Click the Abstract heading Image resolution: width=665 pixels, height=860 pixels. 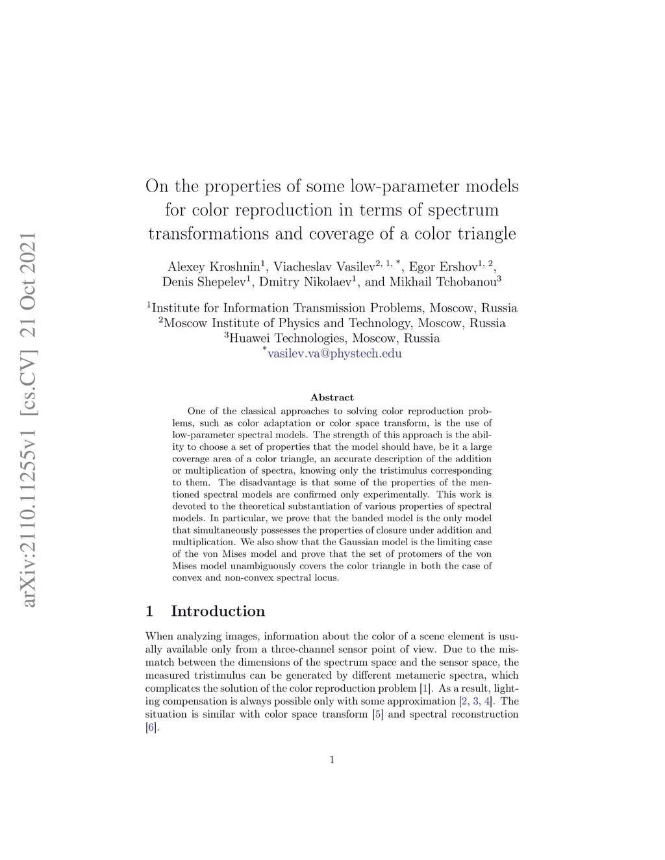[332, 397]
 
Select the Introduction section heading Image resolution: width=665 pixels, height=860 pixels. [218, 611]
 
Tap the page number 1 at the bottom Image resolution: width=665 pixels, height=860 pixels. [332, 760]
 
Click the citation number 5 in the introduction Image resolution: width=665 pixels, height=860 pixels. [377, 714]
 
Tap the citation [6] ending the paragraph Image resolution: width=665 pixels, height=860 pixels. [151, 727]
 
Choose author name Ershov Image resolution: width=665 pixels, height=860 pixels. [459, 267]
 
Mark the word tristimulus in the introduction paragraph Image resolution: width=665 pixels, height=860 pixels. [208, 675]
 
